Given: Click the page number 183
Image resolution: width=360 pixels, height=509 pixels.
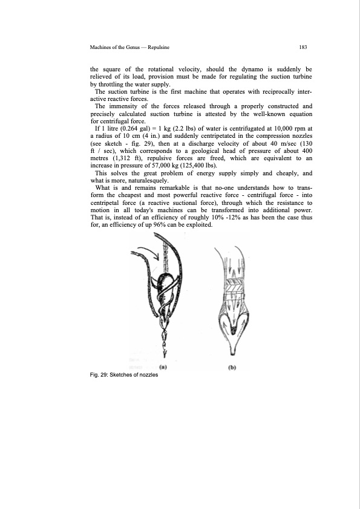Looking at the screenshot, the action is click(x=303, y=46).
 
